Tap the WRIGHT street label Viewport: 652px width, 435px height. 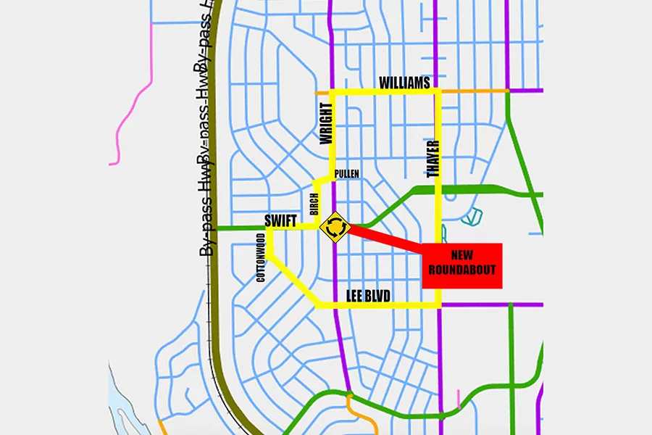pos(326,126)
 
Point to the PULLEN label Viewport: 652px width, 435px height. pos(347,174)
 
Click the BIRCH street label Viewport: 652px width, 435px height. pos(314,205)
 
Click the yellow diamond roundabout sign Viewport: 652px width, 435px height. pos(335,227)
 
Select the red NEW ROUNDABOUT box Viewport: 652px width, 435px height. pos(461,265)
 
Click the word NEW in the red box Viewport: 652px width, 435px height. pos(461,256)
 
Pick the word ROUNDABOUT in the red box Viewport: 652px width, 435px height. pos(461,270)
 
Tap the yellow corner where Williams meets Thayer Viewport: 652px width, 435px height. pos(438,91)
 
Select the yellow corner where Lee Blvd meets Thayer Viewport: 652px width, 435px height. pos(438,305)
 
